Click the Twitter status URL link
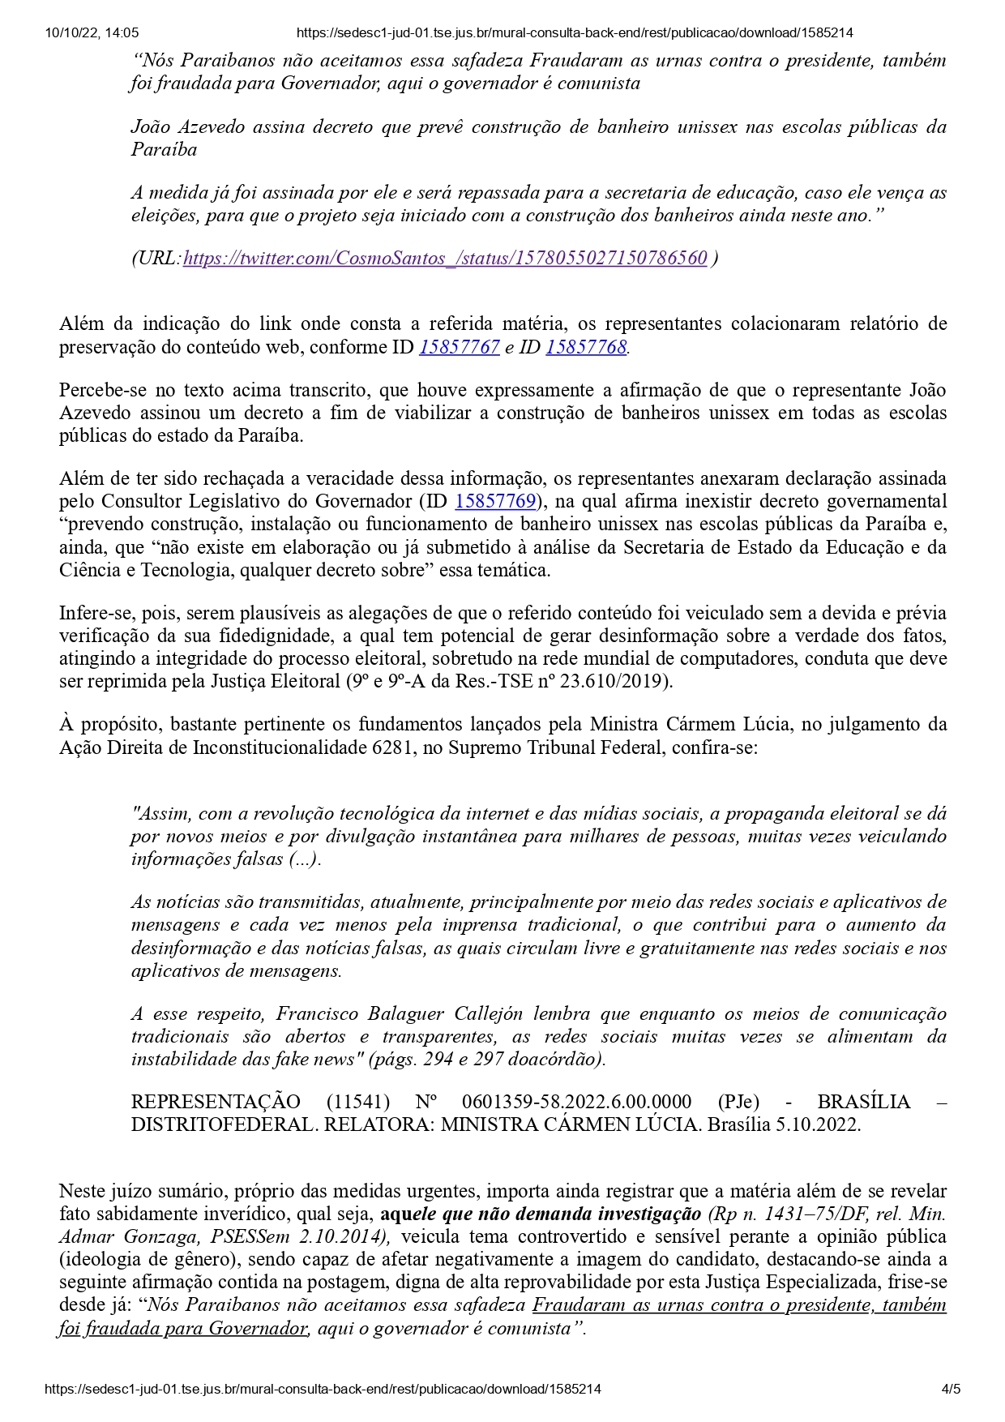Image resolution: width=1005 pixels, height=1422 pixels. (x=445, y=259)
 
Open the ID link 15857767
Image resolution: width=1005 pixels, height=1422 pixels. (x=459, y=347)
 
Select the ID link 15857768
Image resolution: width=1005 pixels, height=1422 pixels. (x=586, y=347)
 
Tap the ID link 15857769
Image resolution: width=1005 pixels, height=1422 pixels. (x=495, y=502)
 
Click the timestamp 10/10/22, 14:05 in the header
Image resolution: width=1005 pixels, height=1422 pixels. (x=92, y=33)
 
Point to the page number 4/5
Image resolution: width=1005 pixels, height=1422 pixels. (x=951, y=1389)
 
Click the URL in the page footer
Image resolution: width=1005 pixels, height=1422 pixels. (x=323, y=1389)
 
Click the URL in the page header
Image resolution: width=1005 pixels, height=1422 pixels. (x=575, y=33)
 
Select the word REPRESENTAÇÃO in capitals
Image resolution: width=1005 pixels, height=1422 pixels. (x=216, y=1102)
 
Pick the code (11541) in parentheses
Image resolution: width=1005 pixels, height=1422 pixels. (x=357, y=1102)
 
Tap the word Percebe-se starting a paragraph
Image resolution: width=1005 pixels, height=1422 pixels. (x=98, y=391)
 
